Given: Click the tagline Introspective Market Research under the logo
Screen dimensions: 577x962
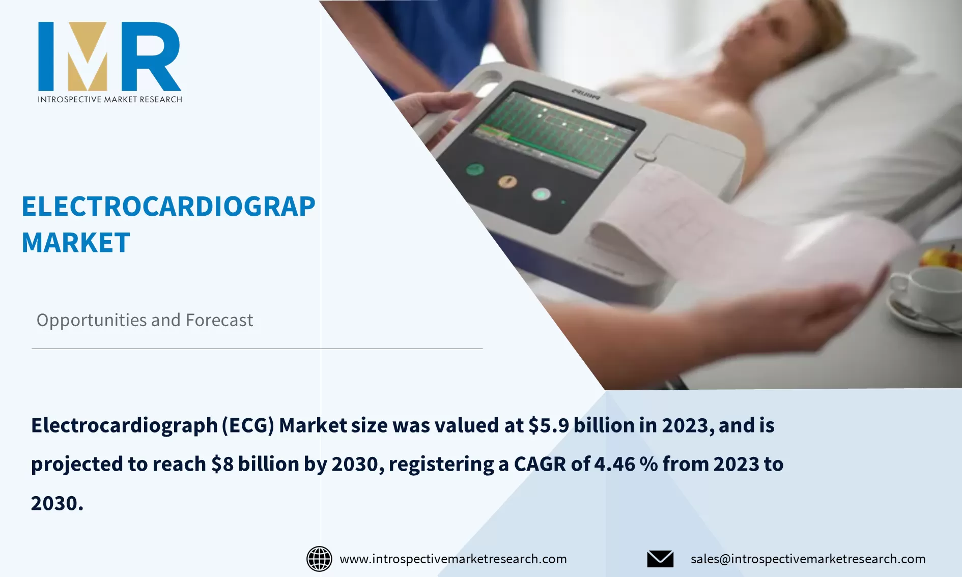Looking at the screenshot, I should click(109, 99).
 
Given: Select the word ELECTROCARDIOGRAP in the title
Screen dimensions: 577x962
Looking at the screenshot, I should click(168, 207).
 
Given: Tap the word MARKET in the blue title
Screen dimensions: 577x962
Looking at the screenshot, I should click(76, 243).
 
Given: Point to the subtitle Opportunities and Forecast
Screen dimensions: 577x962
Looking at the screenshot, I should click(145, 320).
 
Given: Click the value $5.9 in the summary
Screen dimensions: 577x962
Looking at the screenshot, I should click(549, 425).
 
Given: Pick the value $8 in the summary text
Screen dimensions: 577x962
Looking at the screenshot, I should click(222, 464).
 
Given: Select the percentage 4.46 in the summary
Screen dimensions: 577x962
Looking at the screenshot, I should click(615, 464).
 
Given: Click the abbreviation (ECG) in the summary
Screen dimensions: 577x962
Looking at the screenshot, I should click(248, 425).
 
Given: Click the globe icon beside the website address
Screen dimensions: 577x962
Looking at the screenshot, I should click(319, 559).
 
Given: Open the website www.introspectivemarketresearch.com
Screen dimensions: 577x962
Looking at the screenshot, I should click(453, 559).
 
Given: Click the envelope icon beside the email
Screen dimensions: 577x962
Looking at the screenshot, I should click(660, 559).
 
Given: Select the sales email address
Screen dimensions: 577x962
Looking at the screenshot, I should click(808, 559).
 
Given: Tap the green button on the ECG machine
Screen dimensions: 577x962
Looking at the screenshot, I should click(475, 169).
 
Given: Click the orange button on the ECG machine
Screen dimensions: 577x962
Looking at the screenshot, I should click(507, 181).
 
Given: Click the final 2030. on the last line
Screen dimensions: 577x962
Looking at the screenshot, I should click(57, 503).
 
